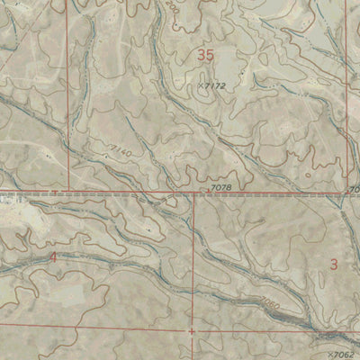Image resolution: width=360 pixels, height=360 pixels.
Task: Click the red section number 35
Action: click(206, 56)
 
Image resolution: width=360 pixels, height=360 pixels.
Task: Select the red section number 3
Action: click(334, 264)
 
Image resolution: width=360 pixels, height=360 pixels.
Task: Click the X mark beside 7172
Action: click(198, 85)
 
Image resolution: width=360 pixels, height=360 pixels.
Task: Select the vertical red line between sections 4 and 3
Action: click(193, 261)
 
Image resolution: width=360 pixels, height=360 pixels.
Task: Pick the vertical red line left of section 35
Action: click(69, 90)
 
